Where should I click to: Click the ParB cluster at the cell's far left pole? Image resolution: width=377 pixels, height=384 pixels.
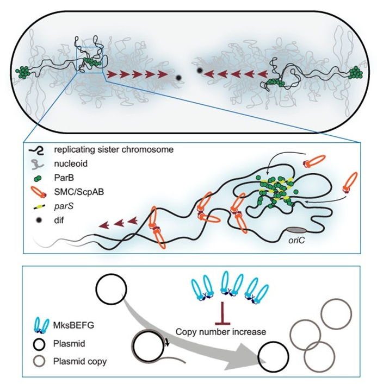click(23, 71)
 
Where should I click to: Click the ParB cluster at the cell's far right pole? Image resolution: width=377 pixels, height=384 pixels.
click(356, 71)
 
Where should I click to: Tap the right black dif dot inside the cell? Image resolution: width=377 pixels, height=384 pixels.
click(199, 71)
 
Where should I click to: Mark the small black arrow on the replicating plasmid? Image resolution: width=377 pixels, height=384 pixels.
click(166, 341)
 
